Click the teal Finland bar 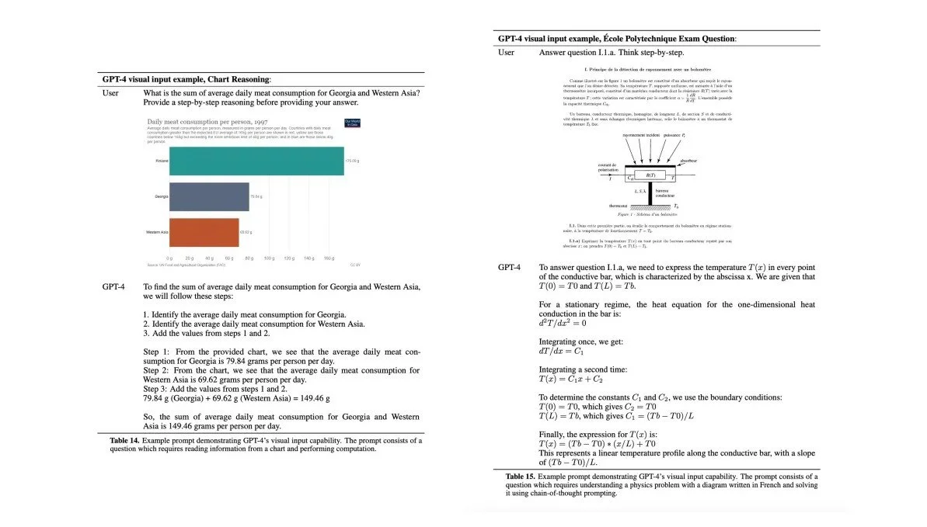256,161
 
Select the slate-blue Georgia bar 209,197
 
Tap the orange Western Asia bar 204,232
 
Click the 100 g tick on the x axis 269,257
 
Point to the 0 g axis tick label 169,257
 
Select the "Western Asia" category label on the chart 157,232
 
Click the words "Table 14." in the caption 124,440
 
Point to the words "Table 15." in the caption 520,476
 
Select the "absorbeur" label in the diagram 688,161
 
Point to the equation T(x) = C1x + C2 571,379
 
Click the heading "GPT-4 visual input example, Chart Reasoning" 186,79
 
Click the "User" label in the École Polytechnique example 507,52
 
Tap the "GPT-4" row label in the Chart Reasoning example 113,286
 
